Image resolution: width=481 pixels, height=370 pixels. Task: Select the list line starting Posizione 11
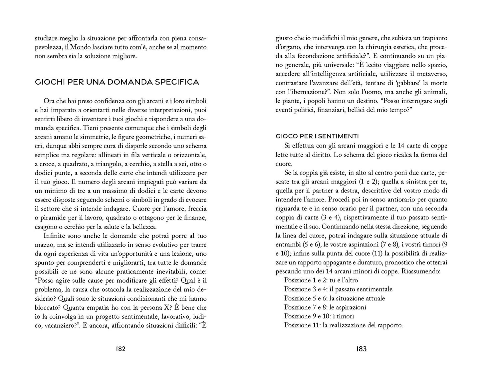[x=344, y=325]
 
